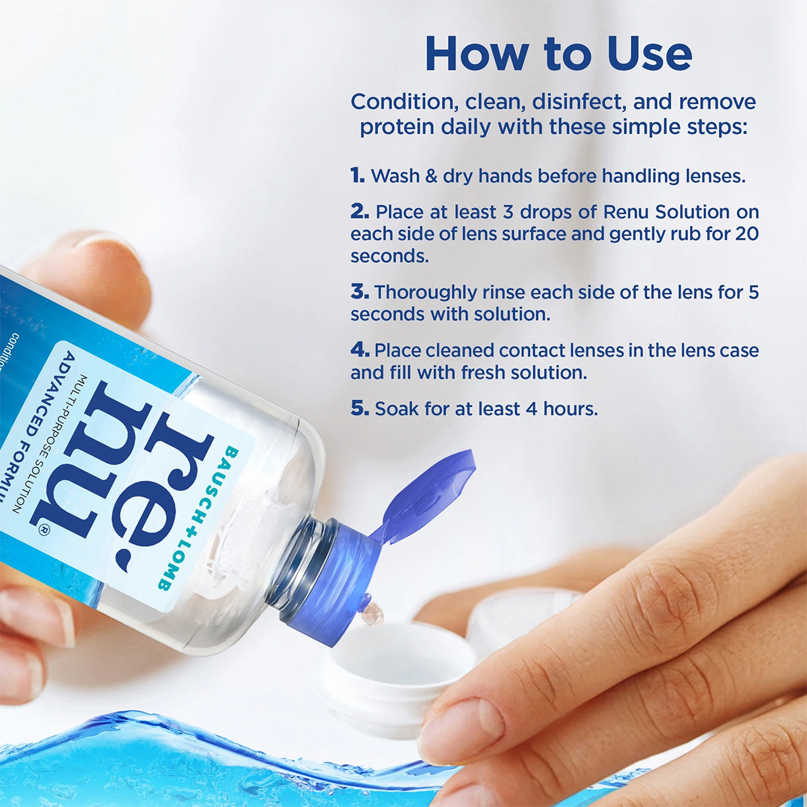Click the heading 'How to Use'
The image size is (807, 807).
[x=558, y=54]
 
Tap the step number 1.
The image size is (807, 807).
[x=357, y=176]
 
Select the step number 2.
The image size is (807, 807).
[x=360, y=212]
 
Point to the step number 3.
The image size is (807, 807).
[x=360, y=292]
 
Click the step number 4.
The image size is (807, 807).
[x=360, y=350]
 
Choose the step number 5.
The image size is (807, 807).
[x=360, y=408]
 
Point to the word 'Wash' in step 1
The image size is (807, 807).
[x=395, y=176]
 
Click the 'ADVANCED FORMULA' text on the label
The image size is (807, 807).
[x=40, y=430]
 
